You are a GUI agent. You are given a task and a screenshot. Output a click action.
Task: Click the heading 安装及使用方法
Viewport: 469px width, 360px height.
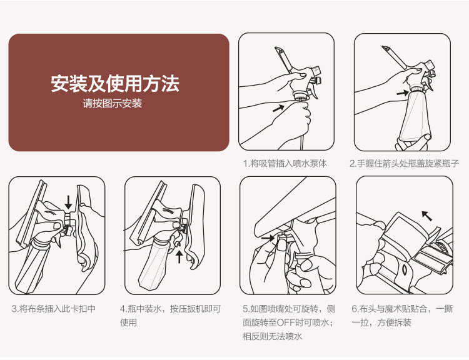tap(115, 83)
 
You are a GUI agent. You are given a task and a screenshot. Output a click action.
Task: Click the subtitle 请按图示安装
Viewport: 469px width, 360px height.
tap(112, 104)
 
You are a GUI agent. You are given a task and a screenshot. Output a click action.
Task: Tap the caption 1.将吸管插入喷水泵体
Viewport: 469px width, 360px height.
tap(285, 163)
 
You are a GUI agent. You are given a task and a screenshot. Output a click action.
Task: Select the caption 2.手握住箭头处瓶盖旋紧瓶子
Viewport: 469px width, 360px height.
tap(404, 163)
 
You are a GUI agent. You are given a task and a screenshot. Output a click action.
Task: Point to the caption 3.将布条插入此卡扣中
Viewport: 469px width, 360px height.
tap(54, 308)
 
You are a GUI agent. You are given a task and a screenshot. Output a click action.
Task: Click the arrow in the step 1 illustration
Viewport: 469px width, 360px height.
tap(279, 108)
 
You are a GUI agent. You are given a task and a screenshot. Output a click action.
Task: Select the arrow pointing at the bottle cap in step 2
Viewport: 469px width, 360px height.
tap(403, 93)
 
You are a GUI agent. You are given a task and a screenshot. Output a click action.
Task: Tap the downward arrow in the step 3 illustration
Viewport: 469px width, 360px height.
tap(69, 202)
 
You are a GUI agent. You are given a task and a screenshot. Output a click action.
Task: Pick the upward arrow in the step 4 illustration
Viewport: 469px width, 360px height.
tap(179, 256)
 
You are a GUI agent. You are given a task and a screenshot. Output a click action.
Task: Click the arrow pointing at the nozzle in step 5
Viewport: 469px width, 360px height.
tap(268, 238)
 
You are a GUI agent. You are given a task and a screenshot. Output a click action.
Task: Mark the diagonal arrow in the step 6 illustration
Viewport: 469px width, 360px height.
tap(427, 216)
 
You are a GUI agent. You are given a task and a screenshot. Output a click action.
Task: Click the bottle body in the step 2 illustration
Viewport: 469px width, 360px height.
tap(415, 116)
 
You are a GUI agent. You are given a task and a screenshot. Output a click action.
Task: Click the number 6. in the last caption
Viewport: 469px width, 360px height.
tap(355, 309)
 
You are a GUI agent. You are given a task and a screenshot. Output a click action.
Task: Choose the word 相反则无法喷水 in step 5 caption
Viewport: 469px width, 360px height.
tap(272, 336)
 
